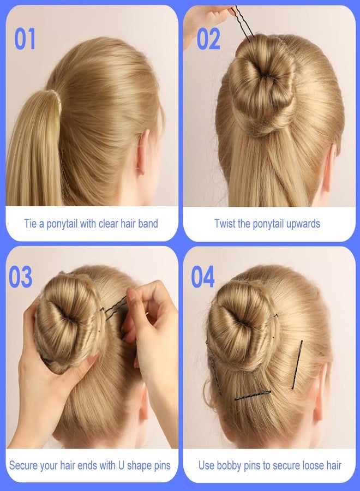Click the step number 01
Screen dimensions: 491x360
click(25, 39)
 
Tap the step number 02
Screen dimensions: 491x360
click(208, 39)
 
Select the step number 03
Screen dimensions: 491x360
click(20, 278)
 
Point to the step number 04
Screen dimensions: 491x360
click(203, 278)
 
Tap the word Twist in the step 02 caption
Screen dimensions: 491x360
click(225, 224)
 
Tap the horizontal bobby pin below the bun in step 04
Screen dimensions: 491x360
click(253, 395)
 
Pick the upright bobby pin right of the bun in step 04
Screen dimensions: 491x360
click(297, 364)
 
